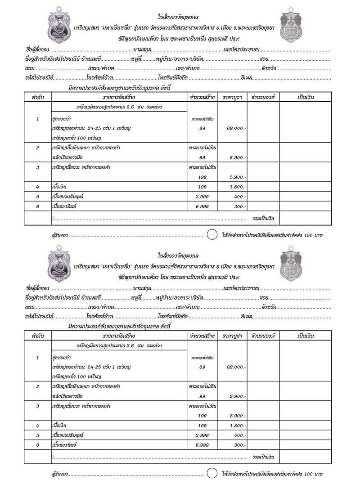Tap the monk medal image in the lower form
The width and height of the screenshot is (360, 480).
59,264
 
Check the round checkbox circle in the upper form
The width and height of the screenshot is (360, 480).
212,235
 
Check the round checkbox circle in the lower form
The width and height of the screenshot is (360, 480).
212,473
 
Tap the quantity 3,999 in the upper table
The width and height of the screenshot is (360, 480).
202,197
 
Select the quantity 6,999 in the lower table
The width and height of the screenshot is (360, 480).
202,445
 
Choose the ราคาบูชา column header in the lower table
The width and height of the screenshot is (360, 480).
232,336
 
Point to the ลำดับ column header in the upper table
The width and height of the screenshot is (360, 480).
38,97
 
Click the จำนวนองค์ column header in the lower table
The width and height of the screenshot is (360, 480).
263,336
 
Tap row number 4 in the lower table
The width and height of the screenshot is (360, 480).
38,425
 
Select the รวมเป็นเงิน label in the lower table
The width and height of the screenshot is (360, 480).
264,457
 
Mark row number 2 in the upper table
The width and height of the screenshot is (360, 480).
38,148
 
